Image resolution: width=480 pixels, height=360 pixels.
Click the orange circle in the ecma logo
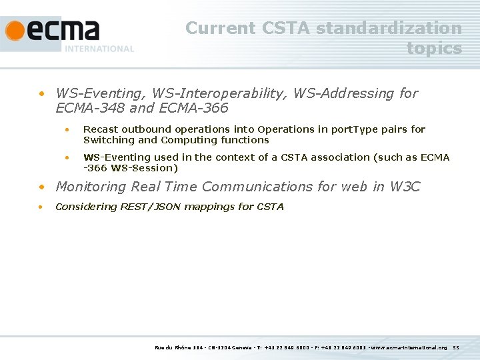click(15, 31)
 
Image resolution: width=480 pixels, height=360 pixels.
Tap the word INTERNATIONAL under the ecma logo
click(99, 49)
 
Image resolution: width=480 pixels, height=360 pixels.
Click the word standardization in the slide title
click(389, 28)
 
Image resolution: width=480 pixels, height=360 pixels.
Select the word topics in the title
click(434, 48)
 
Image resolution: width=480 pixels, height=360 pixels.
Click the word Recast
click(101, 129)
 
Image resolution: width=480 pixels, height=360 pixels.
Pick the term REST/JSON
click(151, 207)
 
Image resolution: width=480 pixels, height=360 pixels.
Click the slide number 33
click(456, 347)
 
